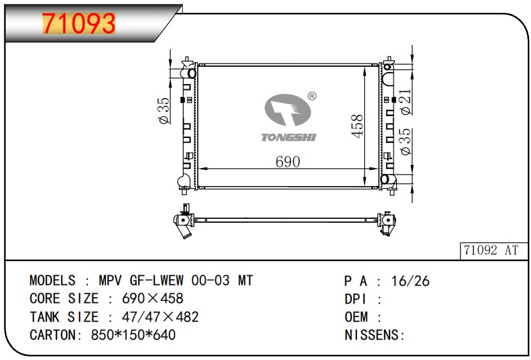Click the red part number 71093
(x=79, y=23)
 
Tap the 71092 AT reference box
(x=493, y=251)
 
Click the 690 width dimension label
(x=288, y=162)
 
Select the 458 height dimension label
(x=357, y=126)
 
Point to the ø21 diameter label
(x=405, y=101)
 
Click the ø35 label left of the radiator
(x=164, y=110)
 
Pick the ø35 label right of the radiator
(x=405, y=141)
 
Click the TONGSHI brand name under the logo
(x=288, y=137)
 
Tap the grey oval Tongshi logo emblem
(x=288, y=110)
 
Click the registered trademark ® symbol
(x=312, y=96)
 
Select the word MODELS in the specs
(x=53, y=280)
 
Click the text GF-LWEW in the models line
(x=157, y=280)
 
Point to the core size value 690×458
(x=152, y=298)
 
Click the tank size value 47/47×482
(x=160, y=317)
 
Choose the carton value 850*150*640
(x=133, y=335)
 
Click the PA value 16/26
(x=410, y=281)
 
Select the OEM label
(x=356, y=317)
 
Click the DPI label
(x=356, y=299)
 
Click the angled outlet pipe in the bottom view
(x=186, y=232)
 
